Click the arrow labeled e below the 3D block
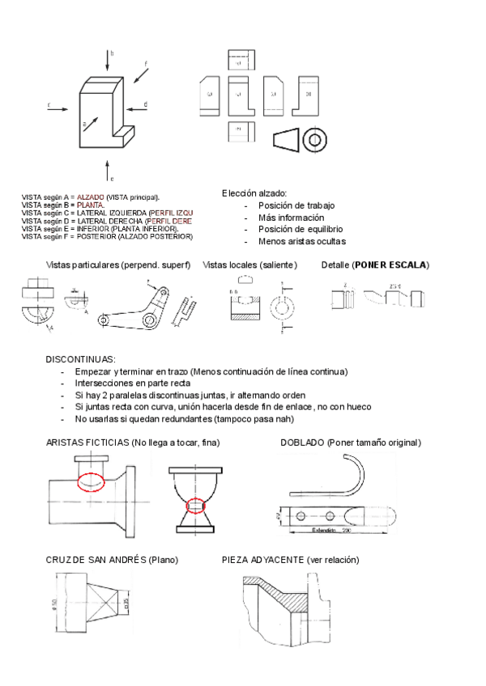click(107, 168)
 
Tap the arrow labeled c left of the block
click(58, 107)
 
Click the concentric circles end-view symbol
click(314, 140)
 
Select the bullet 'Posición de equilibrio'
click(294, 229)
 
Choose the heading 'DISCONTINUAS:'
click(81, 358)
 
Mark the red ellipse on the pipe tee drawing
click(91, 481)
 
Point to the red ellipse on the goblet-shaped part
click(195, 506)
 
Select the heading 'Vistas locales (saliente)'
click(250, 265)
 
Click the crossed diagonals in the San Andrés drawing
click(103, 601)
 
